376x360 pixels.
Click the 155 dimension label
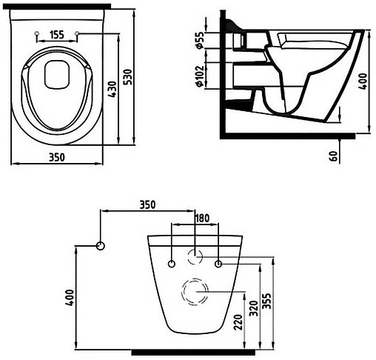point(57,35)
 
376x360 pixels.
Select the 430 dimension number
point(113,90)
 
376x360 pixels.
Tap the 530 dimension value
point(128,77)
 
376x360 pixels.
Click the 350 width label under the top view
point(57,157)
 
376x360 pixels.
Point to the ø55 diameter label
point(199,40)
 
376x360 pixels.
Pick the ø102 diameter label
point(199,76)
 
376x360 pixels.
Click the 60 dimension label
point(333,156)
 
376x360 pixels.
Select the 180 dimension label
point(202,219)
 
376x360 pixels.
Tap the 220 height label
point(238,322)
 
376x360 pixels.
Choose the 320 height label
point(254,309)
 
